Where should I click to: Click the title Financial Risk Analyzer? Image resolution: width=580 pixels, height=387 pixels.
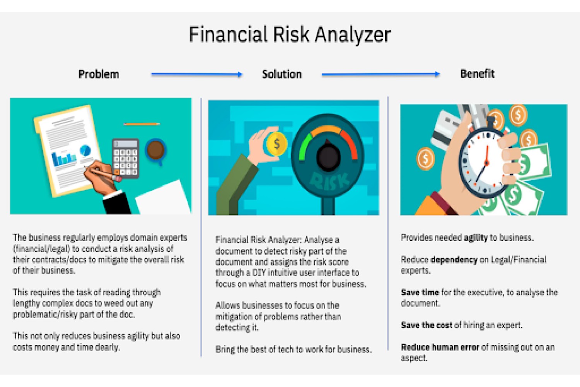pyautogui.click(x=290, y=34)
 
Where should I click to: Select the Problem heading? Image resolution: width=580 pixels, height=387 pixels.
pyautogui.click(x=99, y=74)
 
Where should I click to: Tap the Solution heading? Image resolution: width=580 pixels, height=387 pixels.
pyautogui.click(x=282, y=74)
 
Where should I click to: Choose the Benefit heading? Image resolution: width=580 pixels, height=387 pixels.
pyautogui.click(x=477, y=74)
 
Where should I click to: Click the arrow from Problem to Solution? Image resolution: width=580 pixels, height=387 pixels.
pyautogui.click(x=196, y=74)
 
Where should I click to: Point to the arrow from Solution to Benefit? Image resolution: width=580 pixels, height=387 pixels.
pyautogui.click(x=380, y=74)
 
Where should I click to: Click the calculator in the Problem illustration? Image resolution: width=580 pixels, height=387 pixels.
pyautogui.click(x=126, y=158)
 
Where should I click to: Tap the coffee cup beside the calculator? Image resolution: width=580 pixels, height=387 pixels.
pyautogui.click(x=155, y=150)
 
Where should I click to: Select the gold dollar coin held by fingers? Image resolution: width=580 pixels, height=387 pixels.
pyautogui.click(x=276, y=144)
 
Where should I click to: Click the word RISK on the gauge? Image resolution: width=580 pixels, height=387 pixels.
pyautogui.click(x=329, y=181)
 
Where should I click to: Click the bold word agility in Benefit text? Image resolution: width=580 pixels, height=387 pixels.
pyautogui.click(x=476, y=238)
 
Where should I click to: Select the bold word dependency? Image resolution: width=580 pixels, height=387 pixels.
pyautogui.click(x=454, y=260)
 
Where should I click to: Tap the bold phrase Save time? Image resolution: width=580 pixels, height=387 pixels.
pyautogui.click(x=420, y=293)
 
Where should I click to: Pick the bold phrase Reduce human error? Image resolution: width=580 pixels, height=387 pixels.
pyautogui.click(x=440, y=347)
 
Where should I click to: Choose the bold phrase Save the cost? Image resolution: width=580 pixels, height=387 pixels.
pyautogui.click(x=426, y=325)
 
